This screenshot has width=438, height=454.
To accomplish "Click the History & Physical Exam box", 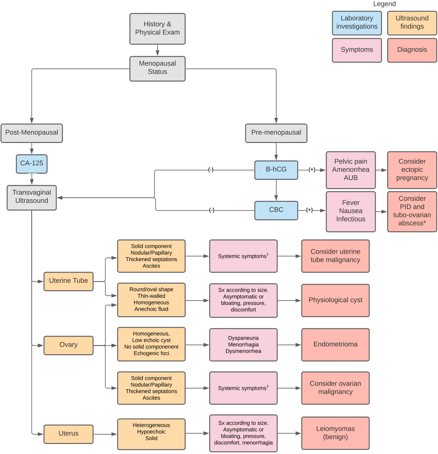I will [157, 29].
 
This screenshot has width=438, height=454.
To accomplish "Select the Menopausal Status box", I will [157, 69].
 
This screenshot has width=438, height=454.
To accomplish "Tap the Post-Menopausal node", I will [32, 133].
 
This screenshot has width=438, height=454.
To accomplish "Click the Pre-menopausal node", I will [276, 133].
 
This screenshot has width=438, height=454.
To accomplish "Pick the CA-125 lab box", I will [32, 164].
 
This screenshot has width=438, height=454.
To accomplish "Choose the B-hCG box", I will [276, 170].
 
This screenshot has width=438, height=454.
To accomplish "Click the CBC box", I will [276, 210].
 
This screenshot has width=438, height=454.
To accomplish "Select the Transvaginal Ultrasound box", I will [32, 197].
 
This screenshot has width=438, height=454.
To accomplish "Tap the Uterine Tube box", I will [69, 281].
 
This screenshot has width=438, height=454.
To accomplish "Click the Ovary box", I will [69, 345].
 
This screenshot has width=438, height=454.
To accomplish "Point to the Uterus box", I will [69, 434].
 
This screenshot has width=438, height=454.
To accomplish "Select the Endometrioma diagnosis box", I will [335, 345].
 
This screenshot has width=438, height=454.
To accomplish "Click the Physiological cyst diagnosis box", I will [335, 300].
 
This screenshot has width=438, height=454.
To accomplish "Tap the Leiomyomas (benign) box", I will [335, 433].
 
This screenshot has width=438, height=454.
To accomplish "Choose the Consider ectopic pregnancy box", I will [412, 170].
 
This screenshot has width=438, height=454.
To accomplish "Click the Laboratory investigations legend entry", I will [357, 23].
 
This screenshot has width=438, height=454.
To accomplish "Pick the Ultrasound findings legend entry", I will [412, 23].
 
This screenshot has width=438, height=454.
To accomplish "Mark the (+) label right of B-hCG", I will [312, 170].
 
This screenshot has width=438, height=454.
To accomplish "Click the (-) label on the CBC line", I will [211, 210].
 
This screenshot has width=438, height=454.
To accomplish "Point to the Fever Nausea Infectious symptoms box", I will [351, 211].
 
